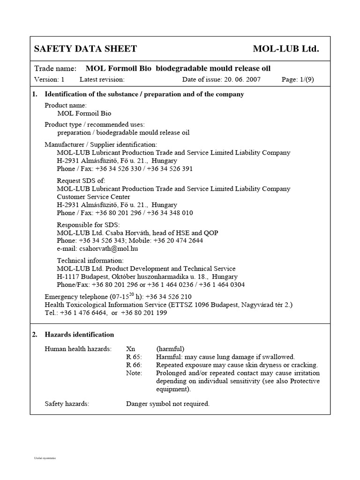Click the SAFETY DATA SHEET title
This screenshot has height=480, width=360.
[x=85, y=49]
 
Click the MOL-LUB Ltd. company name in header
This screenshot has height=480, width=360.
[x=285, y=49]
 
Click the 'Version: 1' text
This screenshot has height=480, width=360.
[x=49, y=79]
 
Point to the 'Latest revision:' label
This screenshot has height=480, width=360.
[x=102, y=79]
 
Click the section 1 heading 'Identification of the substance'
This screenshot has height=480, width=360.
[x=144, y=94]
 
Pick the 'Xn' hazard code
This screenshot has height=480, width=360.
[x=131, y=349]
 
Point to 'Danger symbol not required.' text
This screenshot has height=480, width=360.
[x=168, y=404]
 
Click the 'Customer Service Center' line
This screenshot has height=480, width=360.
[x=93, y=197]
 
